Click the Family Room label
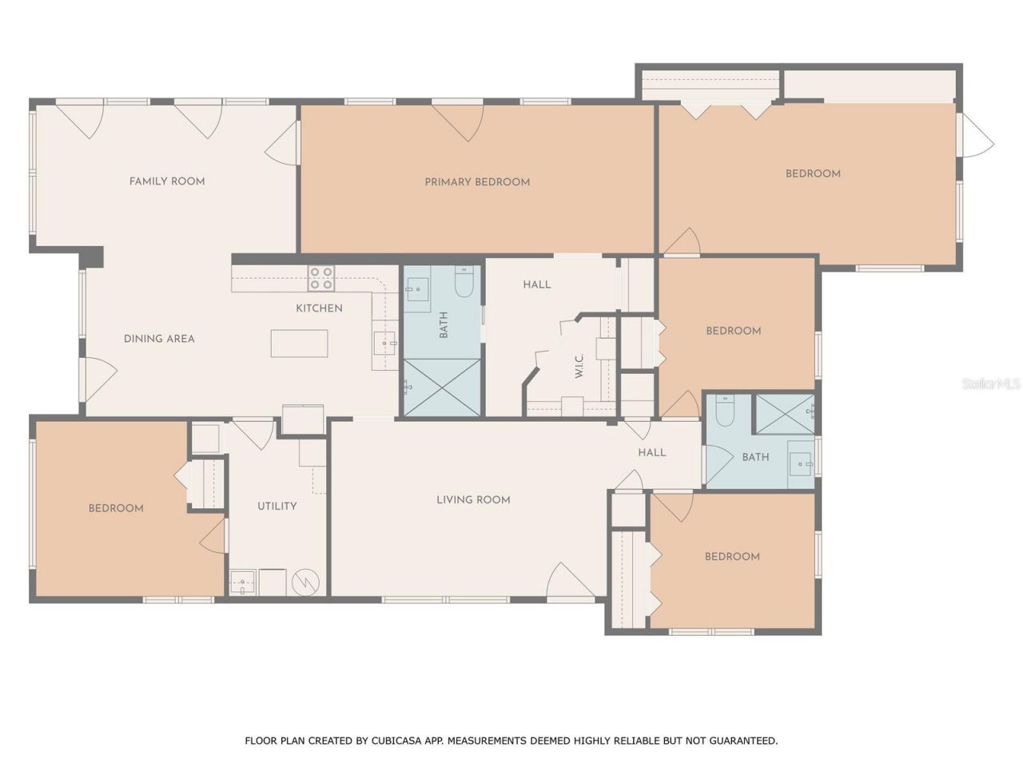coord(167,181)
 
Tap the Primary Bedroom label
coord(477,182)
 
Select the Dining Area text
coord(159,339)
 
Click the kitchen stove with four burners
coord(322,278)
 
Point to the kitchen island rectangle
coord(299,344)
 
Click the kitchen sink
coord(384,344)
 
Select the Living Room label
coord(473,500)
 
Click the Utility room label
coord(277,507)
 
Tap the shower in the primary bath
coord(442,387)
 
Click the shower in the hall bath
coord(785,412)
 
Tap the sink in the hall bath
coord(800,463)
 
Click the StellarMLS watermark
coord(991,384)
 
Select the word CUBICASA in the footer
coord(396,741)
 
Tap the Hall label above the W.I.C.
coord(536,284)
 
